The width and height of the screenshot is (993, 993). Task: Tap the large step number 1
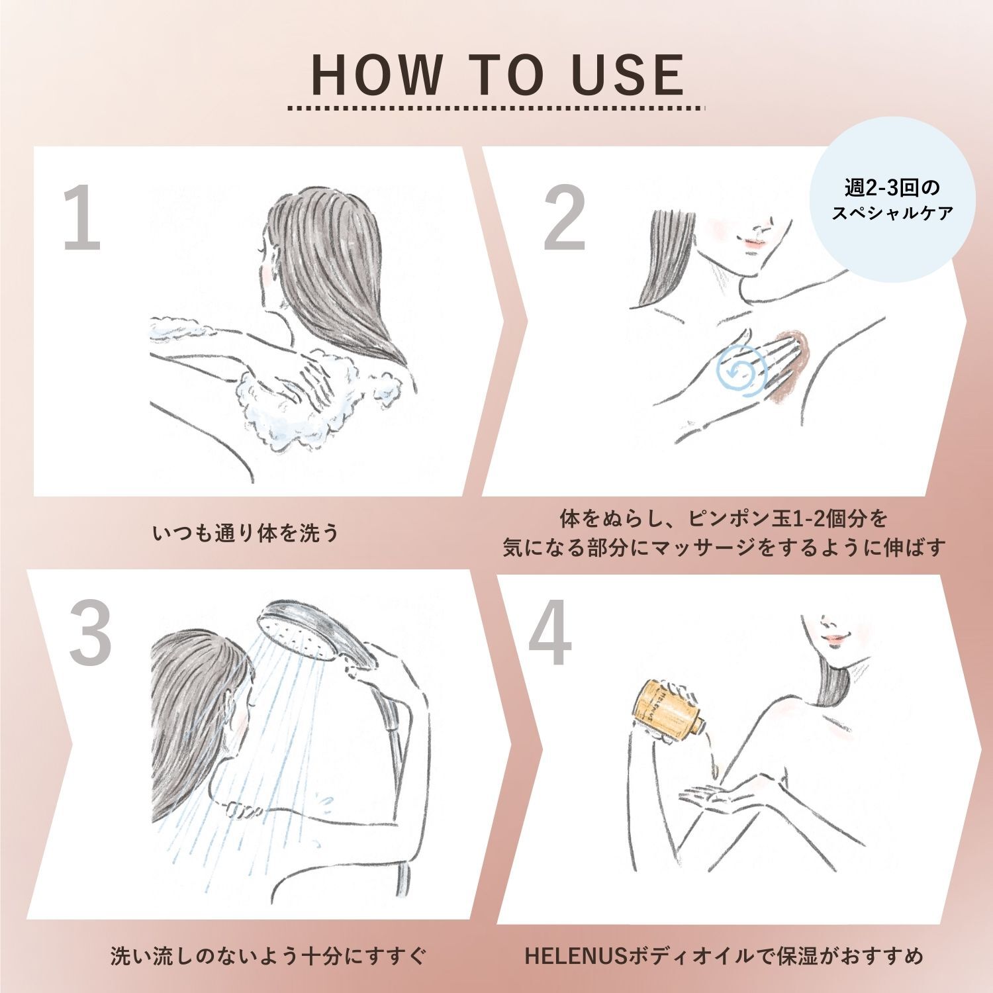coord(81,218)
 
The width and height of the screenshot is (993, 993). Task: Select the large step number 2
coord(564,218)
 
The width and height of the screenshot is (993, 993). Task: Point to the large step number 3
coord(89,633)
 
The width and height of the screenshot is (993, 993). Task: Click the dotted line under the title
coord(497,107)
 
